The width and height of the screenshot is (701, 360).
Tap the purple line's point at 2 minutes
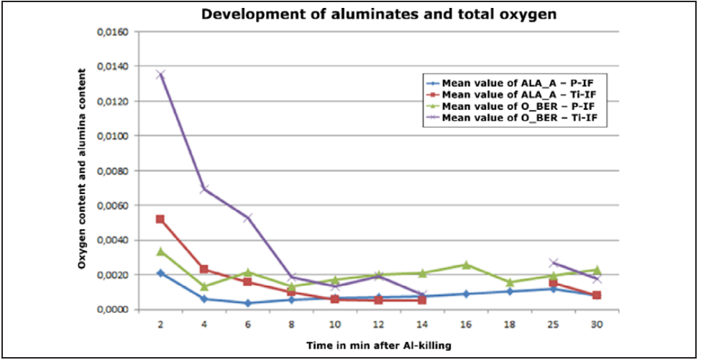(x=160, y=74)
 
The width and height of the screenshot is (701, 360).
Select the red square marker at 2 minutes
(x=160, y=219)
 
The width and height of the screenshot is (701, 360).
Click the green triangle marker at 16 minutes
(x=466, y=264)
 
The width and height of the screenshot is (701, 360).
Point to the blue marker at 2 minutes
(x=160, y=273)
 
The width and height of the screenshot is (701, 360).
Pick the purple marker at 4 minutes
(x=204, y=189)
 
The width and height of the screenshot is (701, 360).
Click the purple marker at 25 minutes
(x=553, y=263)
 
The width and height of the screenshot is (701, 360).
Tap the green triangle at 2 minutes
(x=160, y=251)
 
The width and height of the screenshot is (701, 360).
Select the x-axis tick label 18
(x=510, y=325)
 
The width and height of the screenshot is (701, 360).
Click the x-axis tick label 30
(x=597, y=325)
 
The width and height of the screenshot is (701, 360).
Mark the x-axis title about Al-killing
(x=379, y=346)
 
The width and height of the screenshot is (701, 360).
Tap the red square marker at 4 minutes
(x=204, y=269)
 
